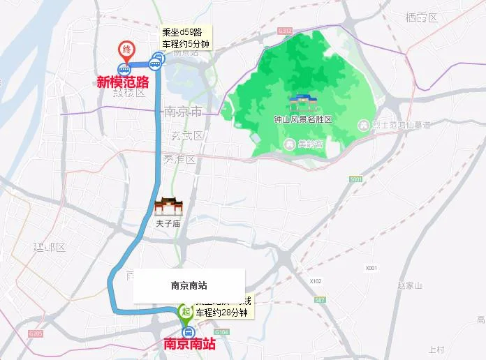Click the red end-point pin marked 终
pyautogui.click(x=126, y=50)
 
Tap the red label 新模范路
pyautogui.click(x=123, y=82)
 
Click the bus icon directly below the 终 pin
pyautogui.click(x=125, y=68)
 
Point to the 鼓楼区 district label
pyautogui.click(x=131, y=93)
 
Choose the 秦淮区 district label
pyautogui.click(x=180, y=159)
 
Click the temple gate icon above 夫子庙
pyautogui.click(x=168, y=206)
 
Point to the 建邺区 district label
pyautogui.click(x=49, y=247)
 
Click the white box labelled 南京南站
pyautogui.click(x=189, y=285)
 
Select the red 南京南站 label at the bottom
pyautogui.click(x=189, y=344)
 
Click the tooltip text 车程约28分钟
pyautogui.click(x=222, y=313)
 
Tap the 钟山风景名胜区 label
pyautogui.click(x=302, y=120)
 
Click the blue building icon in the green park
pyautogui.click(x=302, y=102)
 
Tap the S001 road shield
pyautogui.click(x=356, y=179)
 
